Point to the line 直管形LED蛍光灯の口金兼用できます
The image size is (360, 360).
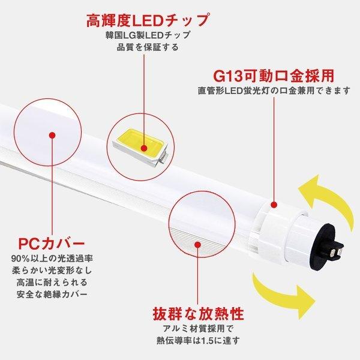(274, 92)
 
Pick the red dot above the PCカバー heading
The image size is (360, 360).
(56, 137)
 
